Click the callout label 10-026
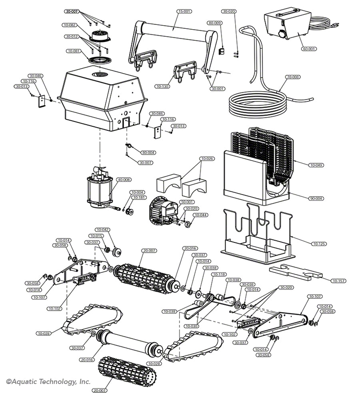pos(207,159)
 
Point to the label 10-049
pos(316,165)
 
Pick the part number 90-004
pos(316,198)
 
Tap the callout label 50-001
pos(187,202)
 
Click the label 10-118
pos(220,274)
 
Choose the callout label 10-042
pos(102,230)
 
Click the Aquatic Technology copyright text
pos(48,382)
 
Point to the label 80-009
pos(214,23)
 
